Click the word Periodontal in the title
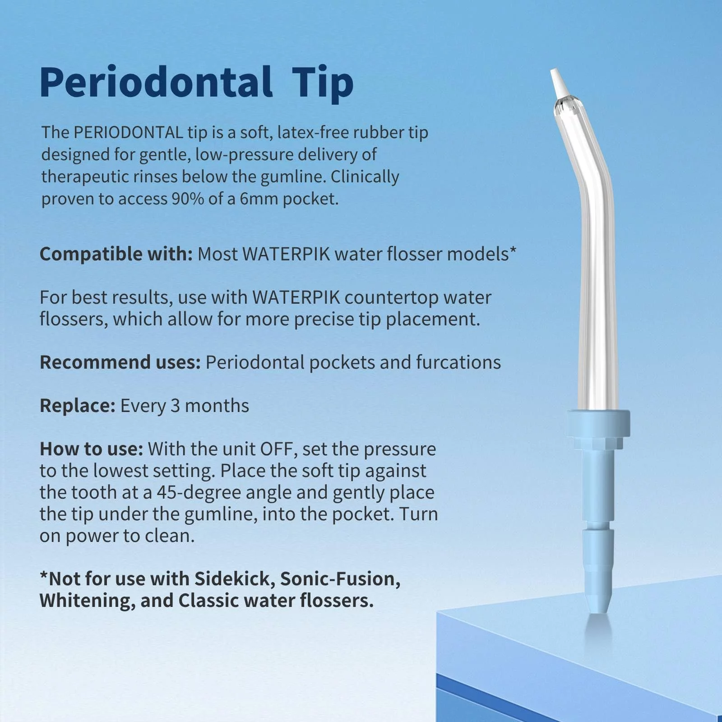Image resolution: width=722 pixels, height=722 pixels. point(156,82)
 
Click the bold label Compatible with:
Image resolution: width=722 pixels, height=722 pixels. point(116,254)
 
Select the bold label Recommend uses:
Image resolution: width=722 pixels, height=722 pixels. point(120,362)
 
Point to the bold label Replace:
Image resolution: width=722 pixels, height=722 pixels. point(78,406)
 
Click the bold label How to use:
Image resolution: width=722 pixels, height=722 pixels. point(92,449)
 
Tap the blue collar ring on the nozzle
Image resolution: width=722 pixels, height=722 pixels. point(598,422)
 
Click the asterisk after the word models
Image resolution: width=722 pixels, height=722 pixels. point(513,250)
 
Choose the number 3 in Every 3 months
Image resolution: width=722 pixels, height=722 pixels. point(175,406)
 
